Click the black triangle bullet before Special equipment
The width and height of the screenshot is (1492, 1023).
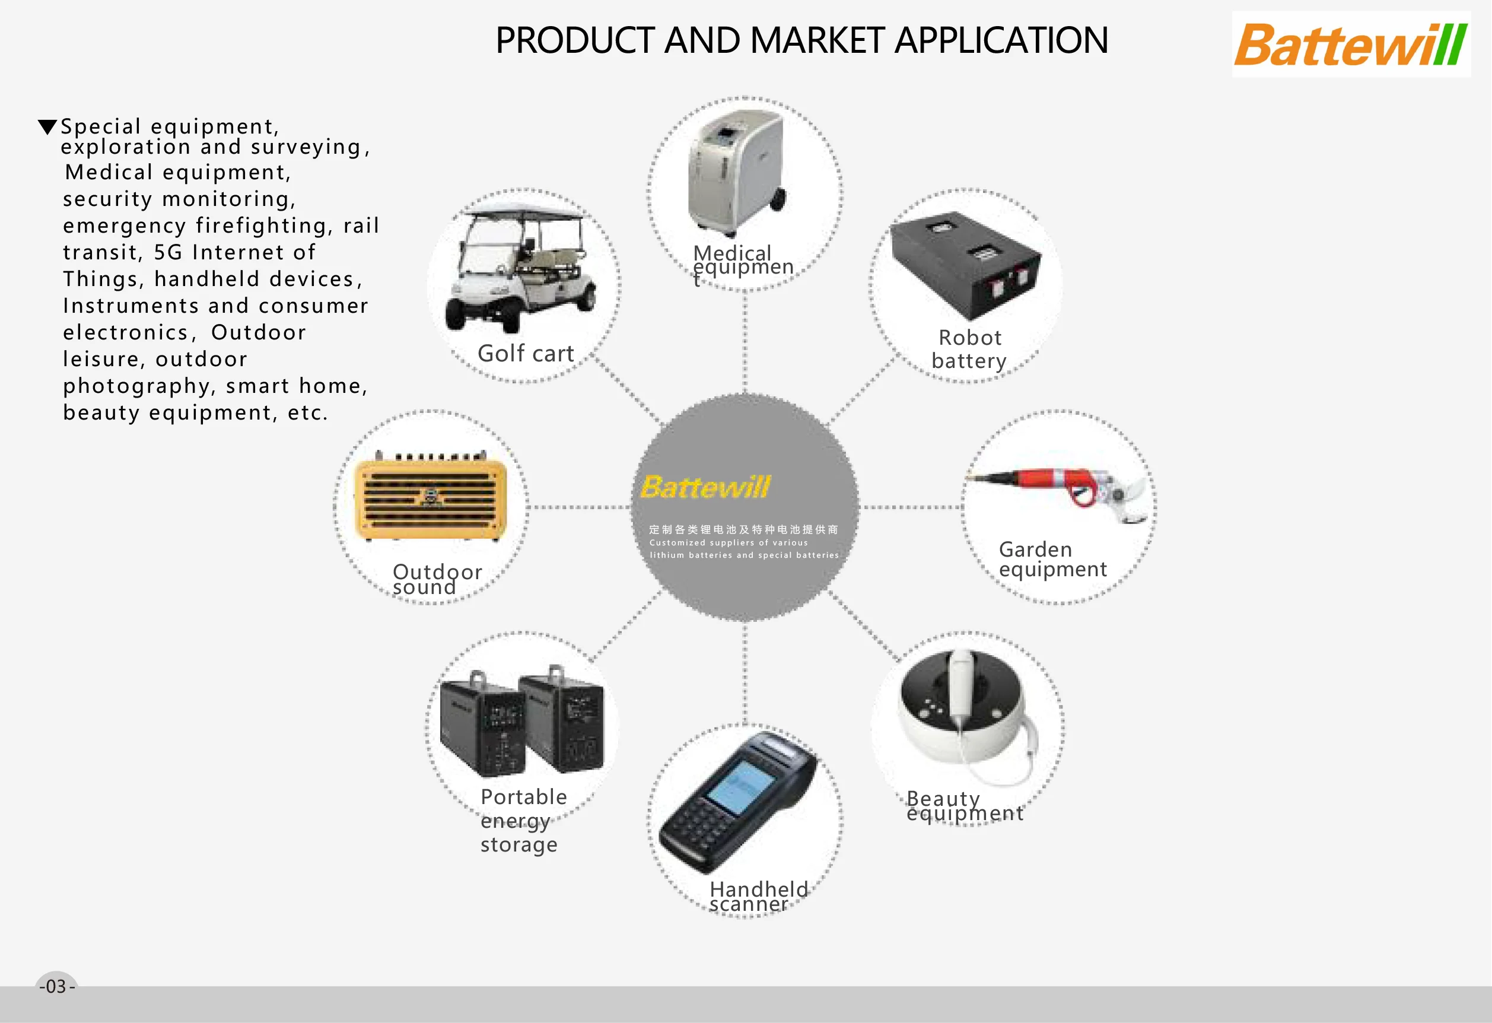(47, 126)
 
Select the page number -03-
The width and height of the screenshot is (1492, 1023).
(57, 986)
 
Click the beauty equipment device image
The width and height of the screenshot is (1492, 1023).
(963, 713)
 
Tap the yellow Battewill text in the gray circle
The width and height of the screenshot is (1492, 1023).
(705, 487)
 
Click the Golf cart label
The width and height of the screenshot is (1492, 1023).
(525, 353)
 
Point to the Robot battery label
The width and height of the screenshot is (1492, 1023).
(969, 350)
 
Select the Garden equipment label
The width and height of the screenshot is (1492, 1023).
(1052, 560)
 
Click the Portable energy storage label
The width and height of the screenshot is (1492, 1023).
(523, 820)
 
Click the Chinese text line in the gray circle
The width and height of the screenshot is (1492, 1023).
(743, 529)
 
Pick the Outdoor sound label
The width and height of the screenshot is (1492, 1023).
(437, 579)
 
